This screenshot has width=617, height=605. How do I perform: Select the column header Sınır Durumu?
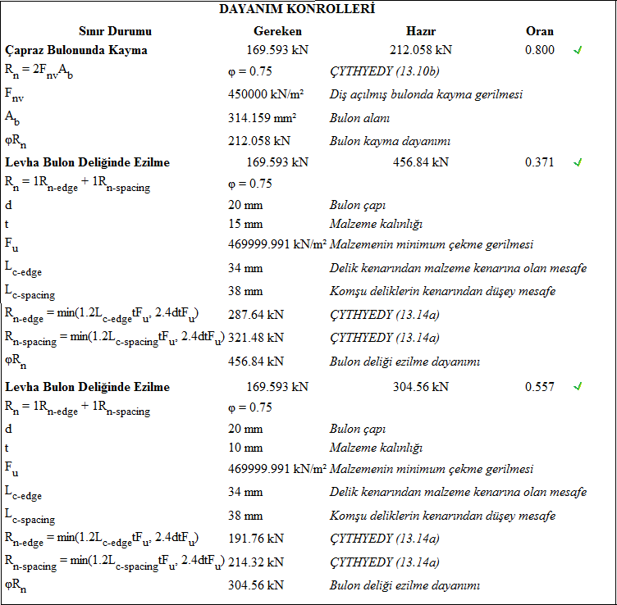tap(115, 31)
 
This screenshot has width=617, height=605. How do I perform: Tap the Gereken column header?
tap(277, 31)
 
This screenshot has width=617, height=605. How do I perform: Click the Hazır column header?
tap(421, 31)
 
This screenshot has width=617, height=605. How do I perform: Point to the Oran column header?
tap(539, 31)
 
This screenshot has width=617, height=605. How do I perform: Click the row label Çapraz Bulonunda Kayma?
tap(76, 50)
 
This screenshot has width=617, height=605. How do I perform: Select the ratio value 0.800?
tap(539, 50)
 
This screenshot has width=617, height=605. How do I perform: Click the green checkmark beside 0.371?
tap(578, 162)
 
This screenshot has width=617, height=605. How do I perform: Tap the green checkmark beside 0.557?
tap(578, 386)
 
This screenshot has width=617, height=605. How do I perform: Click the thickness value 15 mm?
tap(245, 224)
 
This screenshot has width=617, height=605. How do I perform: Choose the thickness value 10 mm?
tap(245, 448)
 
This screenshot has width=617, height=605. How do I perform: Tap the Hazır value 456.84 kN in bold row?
tap(421, 162)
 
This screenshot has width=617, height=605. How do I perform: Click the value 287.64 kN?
tap(256, 314)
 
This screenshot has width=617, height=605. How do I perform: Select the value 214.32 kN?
tap(256, 562)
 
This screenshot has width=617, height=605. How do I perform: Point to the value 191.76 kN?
tap(256, 538)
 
